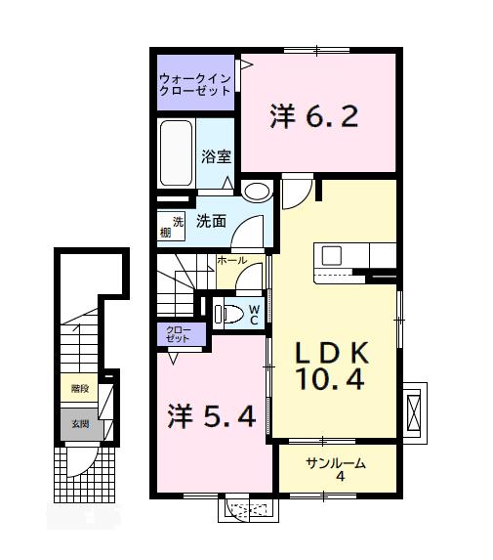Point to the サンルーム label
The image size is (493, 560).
click(x=335, y=462)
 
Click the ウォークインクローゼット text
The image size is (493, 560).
click(x=195, y=83)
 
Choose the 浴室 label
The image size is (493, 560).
click(x=216, y=155)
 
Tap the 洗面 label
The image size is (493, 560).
click(x=211, y=221)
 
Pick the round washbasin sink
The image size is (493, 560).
click(x=257, y=192)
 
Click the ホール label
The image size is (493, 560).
click(x=231, y=261)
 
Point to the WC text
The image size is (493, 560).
click(x=253, y=313)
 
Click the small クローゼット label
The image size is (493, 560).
click(x=180, y=334)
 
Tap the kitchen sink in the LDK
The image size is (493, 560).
click(x=331, y=256)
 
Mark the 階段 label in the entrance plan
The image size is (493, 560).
click(x=78, y=388)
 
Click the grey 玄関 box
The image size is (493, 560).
click(x=78, y=423)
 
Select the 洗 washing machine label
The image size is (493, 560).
click(x=178, y=219)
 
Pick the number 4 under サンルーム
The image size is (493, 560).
click(x=339, y=477)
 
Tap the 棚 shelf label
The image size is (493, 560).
click(x=166, y=232)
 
